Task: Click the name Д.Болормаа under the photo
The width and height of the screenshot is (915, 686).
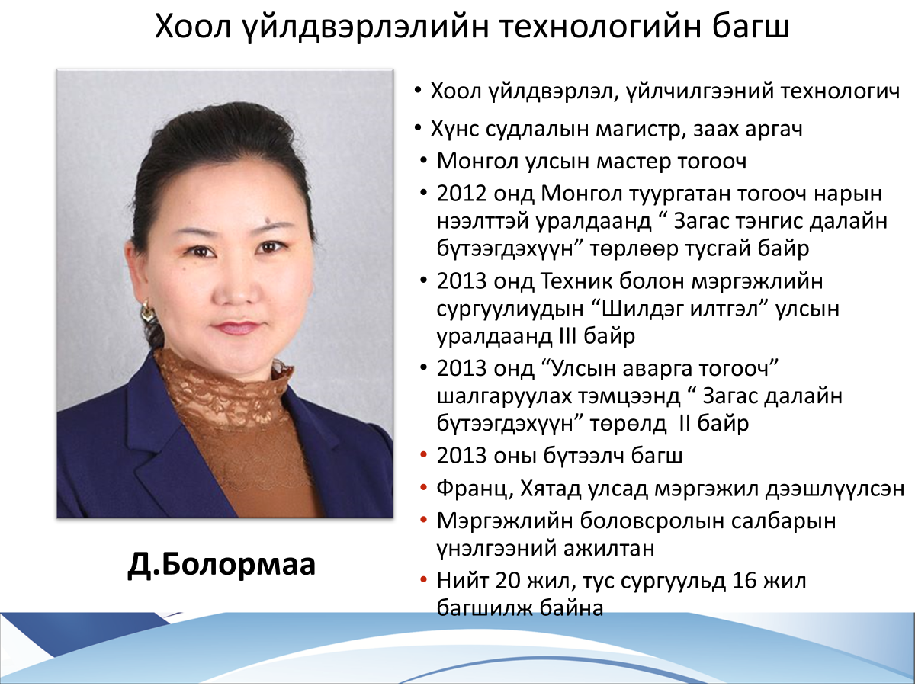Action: click(x=221, y=566)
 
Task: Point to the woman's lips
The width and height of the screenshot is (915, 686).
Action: click(x=236, y=328)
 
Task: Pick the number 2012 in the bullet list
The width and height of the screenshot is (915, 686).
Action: click(x=462, y=194)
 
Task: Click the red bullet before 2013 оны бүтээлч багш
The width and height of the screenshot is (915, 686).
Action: click(x=424, y=455)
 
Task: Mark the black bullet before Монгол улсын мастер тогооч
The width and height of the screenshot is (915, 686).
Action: click(x=424, y=160)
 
